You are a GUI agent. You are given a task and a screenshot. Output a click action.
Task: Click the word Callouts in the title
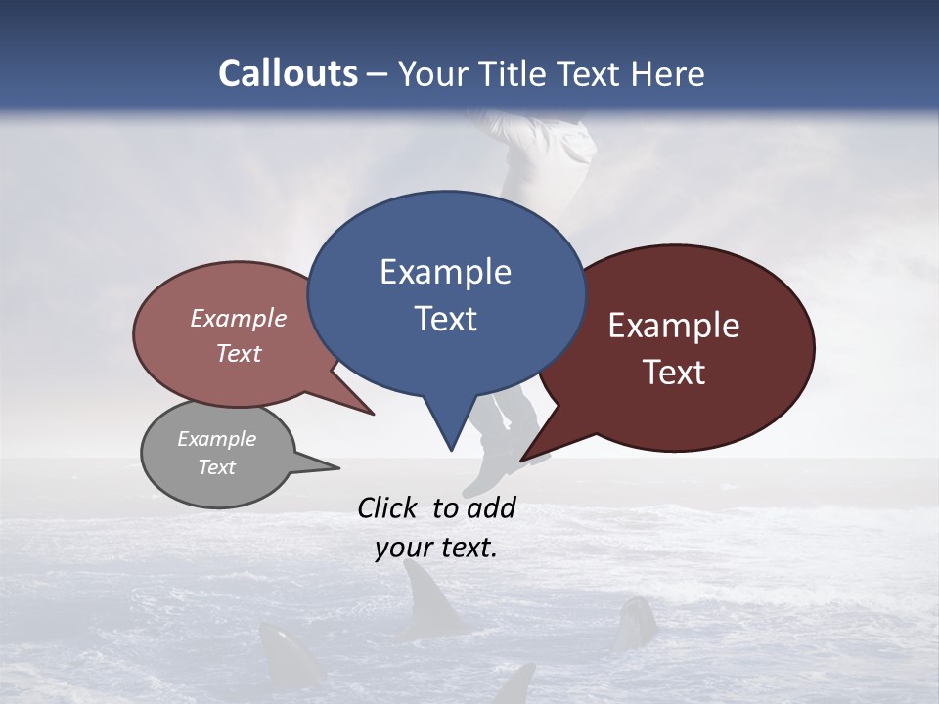pyautogui.click(x=288, y=73)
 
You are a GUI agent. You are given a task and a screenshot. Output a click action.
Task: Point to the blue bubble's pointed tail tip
pyautogui.click(x=450, y=449)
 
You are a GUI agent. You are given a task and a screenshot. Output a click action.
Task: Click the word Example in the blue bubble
pyautogui.click(x=445, y=272)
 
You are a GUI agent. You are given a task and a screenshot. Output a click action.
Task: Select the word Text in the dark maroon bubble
pyautogui.click(x=674, y=373)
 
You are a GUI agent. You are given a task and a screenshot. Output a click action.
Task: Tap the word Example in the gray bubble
pyautogui.click(x=216, y=439)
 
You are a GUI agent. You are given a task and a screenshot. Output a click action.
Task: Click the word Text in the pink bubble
pyautogui.click(x=239, y=353)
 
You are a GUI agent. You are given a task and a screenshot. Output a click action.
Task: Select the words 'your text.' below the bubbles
pyautogui.click(x=436, y=549)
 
